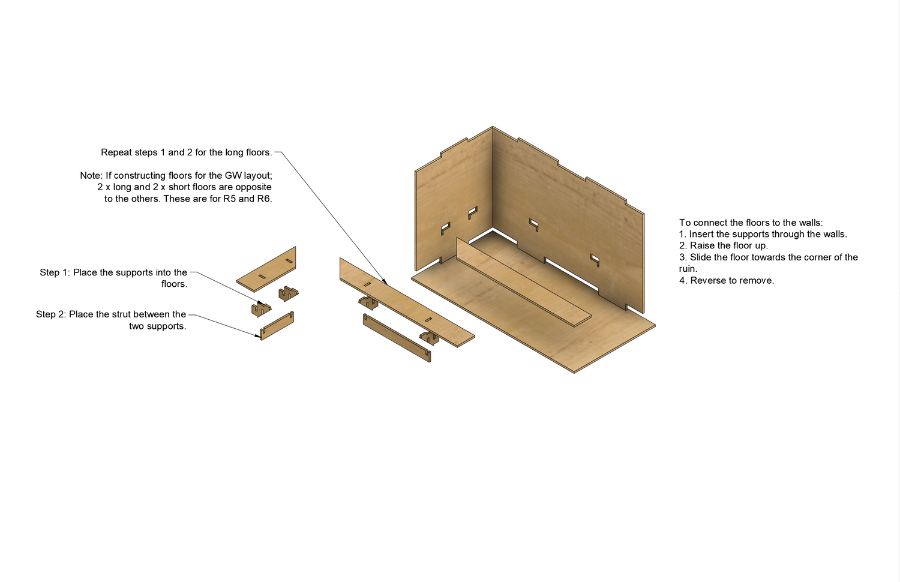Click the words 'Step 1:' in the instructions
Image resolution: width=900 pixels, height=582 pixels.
[x=55, y=272]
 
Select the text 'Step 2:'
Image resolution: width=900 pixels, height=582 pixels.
[x=51, y=314]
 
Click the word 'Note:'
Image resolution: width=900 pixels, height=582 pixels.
[x=91, y=176]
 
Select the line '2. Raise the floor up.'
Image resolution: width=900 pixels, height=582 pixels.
[x=723, y=245]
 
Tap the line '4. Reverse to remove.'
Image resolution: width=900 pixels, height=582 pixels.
[x=727, y=280]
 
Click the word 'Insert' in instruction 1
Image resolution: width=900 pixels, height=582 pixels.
[x=701, y=234]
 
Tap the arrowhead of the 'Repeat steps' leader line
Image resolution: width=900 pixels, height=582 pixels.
[x=385, y=283]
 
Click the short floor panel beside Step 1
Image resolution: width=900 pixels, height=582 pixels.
[x=266, y=269]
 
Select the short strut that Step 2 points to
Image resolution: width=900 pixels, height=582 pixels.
[x=277, y=326]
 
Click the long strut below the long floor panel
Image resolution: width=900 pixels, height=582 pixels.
[x=397, y=338]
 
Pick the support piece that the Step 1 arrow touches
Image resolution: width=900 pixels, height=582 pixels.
[x=261, y=310]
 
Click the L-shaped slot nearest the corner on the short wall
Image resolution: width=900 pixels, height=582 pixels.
[x=473, y=212]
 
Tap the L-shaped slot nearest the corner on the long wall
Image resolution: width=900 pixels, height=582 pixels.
[x=534, y=224]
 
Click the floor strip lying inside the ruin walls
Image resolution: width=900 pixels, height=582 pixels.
[x=524, y=282]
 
